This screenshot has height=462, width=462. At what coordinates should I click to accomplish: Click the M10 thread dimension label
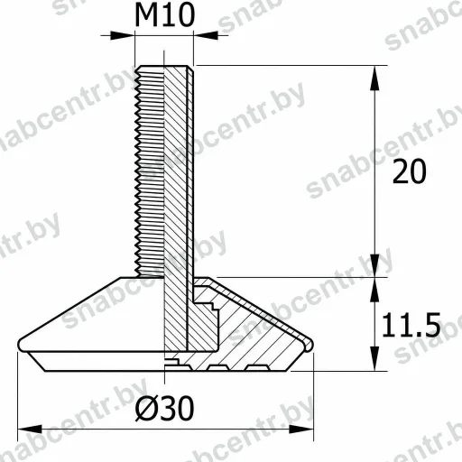pyautogui.click(x=165, y=15)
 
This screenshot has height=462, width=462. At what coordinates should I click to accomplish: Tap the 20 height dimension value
pyautogui.click(x=410, y=171)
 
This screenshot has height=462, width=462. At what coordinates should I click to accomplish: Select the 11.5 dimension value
pyautogui.click(x=411, y=325)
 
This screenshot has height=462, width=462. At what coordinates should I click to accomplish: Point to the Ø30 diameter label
pyautogui.click(x=164, y=408)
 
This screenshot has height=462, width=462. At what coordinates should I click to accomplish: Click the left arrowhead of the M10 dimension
pyautogui.click(x=122, y=35)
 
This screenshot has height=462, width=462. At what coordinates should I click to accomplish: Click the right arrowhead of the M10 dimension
pyautogui.click(x=206, y=35)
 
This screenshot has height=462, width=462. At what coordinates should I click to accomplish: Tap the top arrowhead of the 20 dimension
pyautogui.click(x=374, y=78)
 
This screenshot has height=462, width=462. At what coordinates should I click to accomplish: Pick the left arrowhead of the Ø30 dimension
pyautogui.click(x=30, y=430)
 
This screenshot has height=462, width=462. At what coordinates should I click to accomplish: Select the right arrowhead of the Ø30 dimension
pyautogui.click(x=301, y=430)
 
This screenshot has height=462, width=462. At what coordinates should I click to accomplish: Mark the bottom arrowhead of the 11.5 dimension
pyautogui.click(x=374, y=358)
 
